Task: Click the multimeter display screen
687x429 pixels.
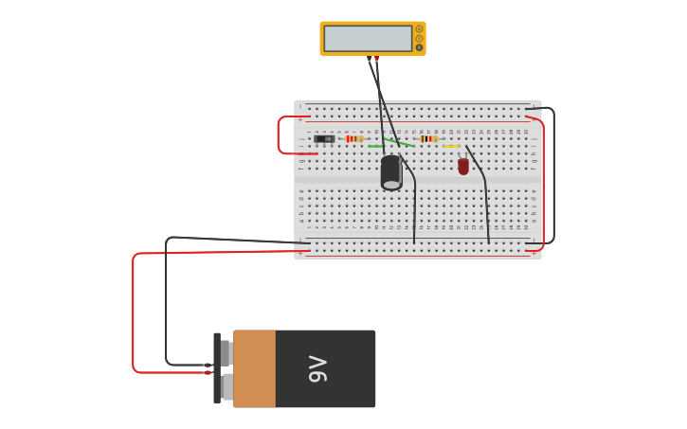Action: coord(368,39)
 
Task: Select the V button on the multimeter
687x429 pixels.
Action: coord(419,39)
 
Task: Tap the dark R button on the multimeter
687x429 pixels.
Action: coord(419,47)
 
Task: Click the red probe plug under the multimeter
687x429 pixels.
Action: coord(376,58)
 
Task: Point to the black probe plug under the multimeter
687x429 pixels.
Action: coord(370,58)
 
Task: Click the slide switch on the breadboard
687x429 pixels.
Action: coord(324,139)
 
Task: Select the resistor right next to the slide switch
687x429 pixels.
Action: coord(353,139)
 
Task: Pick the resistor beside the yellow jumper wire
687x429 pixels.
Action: coord(428,139)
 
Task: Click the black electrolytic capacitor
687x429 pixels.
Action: coord(391,172)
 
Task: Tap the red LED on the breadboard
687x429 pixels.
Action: coord(463,167)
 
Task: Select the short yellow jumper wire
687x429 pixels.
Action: coord(451,146)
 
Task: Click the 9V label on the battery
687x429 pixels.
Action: coord(318,368)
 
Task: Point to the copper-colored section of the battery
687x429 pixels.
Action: coord(254,368)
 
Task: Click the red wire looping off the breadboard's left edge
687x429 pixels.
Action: coord(280,134)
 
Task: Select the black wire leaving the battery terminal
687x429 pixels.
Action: coord(167,303)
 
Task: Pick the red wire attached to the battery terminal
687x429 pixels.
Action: coord(134,313)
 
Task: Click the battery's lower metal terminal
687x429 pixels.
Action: coord(226,386)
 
